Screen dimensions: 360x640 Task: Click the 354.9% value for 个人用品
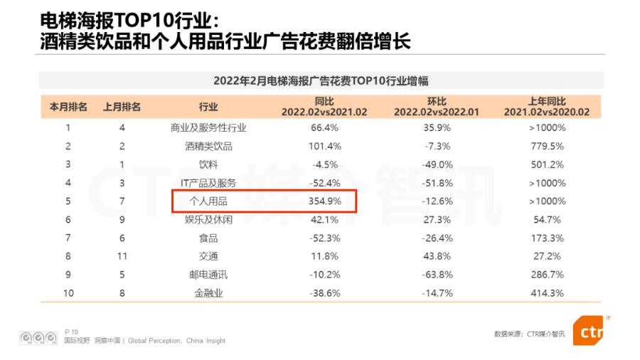[x=325, y=201]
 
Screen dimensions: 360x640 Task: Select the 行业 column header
[x=208, y=107]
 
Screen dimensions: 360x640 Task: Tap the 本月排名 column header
[x=68, y=107]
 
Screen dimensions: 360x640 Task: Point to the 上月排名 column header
[x=122, y=107]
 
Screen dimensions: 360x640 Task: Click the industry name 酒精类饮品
[x=208, y=147]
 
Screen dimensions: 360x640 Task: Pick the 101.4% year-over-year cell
[x=325, y=147]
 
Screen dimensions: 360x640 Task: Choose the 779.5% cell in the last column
[x=547, y=147]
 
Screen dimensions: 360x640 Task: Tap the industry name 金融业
[x=208, y=293]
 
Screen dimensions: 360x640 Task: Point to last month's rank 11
[x=122, y=256]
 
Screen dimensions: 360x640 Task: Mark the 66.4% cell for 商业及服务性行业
[x=325, y=128]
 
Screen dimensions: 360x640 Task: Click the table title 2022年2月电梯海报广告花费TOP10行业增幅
[x=321, y=81]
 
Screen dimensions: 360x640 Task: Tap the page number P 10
[x=71, y=332]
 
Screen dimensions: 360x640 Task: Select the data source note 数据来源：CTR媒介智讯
[x=529, y=334]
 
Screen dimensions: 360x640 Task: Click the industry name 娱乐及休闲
[x=208, y=220]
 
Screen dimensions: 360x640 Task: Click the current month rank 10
[x=68, y=293]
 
